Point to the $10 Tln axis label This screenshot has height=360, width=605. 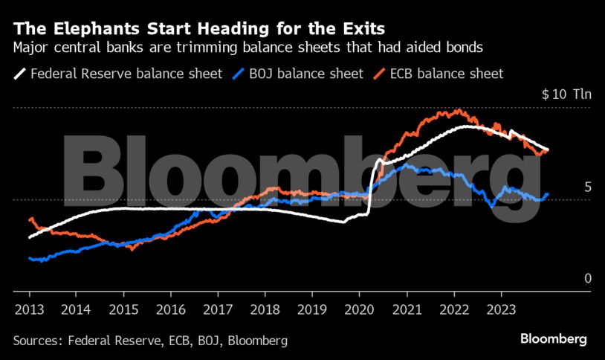566,95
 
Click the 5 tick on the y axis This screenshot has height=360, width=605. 567,187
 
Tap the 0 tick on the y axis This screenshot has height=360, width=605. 567,278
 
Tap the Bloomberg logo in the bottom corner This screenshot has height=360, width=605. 554,339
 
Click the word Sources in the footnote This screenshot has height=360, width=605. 37,341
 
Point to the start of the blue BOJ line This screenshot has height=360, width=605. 30,258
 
